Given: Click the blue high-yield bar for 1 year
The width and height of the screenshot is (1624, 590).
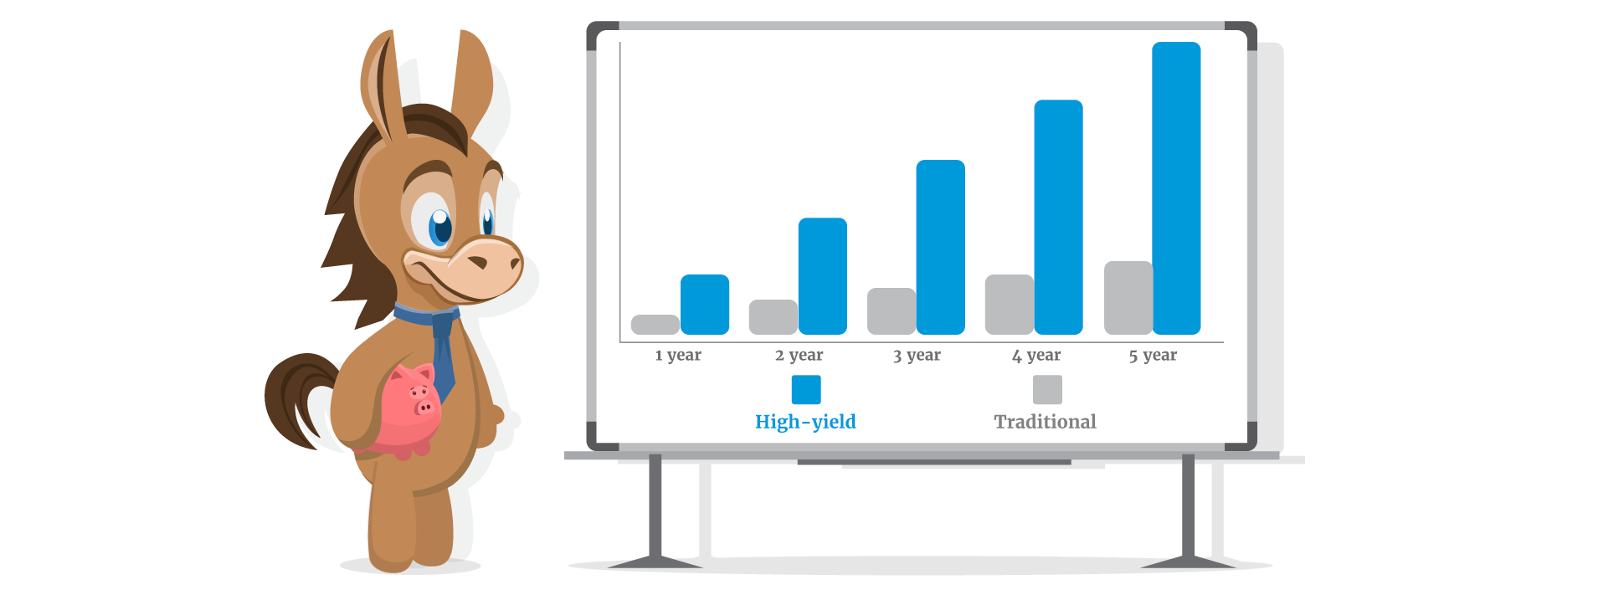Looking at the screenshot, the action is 705,305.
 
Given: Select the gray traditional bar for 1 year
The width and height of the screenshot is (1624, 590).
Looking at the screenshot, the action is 655,325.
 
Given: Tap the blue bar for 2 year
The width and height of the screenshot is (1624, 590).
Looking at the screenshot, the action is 823,276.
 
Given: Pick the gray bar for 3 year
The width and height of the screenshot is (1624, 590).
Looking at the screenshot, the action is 892,311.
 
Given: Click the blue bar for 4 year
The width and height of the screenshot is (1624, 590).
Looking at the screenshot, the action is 1059,218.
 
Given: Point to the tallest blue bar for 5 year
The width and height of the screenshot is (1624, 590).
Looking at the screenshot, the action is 1177,188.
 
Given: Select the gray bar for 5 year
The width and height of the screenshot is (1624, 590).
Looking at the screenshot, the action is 1128,298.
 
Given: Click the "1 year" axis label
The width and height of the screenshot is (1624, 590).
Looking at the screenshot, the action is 678,355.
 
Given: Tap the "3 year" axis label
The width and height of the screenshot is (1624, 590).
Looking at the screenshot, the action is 917,355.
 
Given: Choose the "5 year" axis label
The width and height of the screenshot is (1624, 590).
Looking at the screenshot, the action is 1153,355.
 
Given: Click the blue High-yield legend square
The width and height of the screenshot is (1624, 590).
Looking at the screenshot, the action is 806,389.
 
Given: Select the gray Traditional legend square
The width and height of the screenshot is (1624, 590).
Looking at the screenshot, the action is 1047,389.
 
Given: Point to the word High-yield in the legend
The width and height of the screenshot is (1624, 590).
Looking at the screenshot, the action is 805,422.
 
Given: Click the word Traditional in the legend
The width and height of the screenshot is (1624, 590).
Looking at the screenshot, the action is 1045,422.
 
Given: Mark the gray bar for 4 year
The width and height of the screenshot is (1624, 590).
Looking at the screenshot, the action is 1010,305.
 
